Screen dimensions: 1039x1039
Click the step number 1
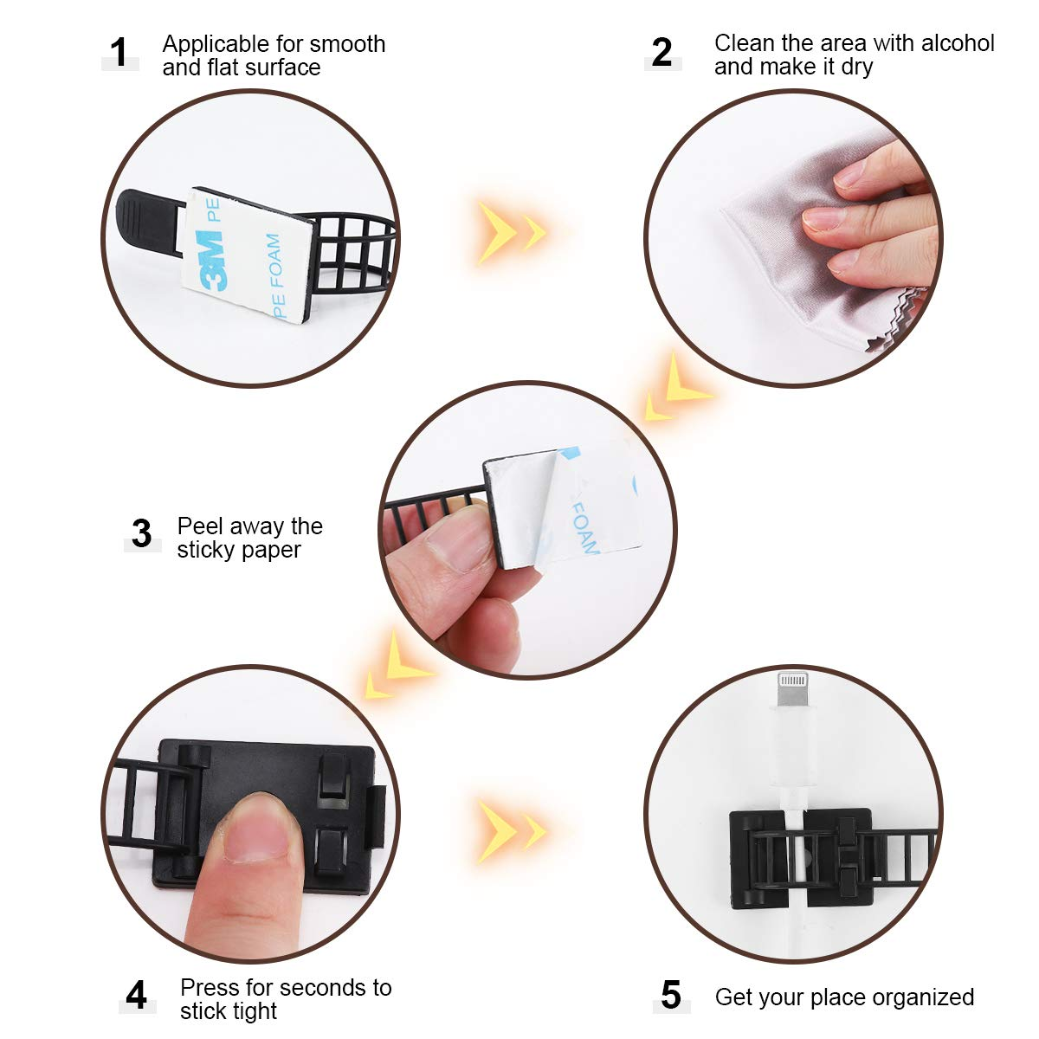click(x=119, y=53)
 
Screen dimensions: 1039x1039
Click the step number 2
click(x=662, y=53)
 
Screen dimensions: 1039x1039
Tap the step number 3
click(x=142, y=533)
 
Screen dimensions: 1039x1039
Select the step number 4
click(x=136, y=996)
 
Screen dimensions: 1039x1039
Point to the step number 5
click(x=671, y=996)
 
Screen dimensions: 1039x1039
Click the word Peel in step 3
click(x=198, y=526)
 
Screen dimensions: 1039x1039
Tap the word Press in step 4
click(x=208, y=988)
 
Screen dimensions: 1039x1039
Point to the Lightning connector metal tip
click(x=792, y=694)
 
